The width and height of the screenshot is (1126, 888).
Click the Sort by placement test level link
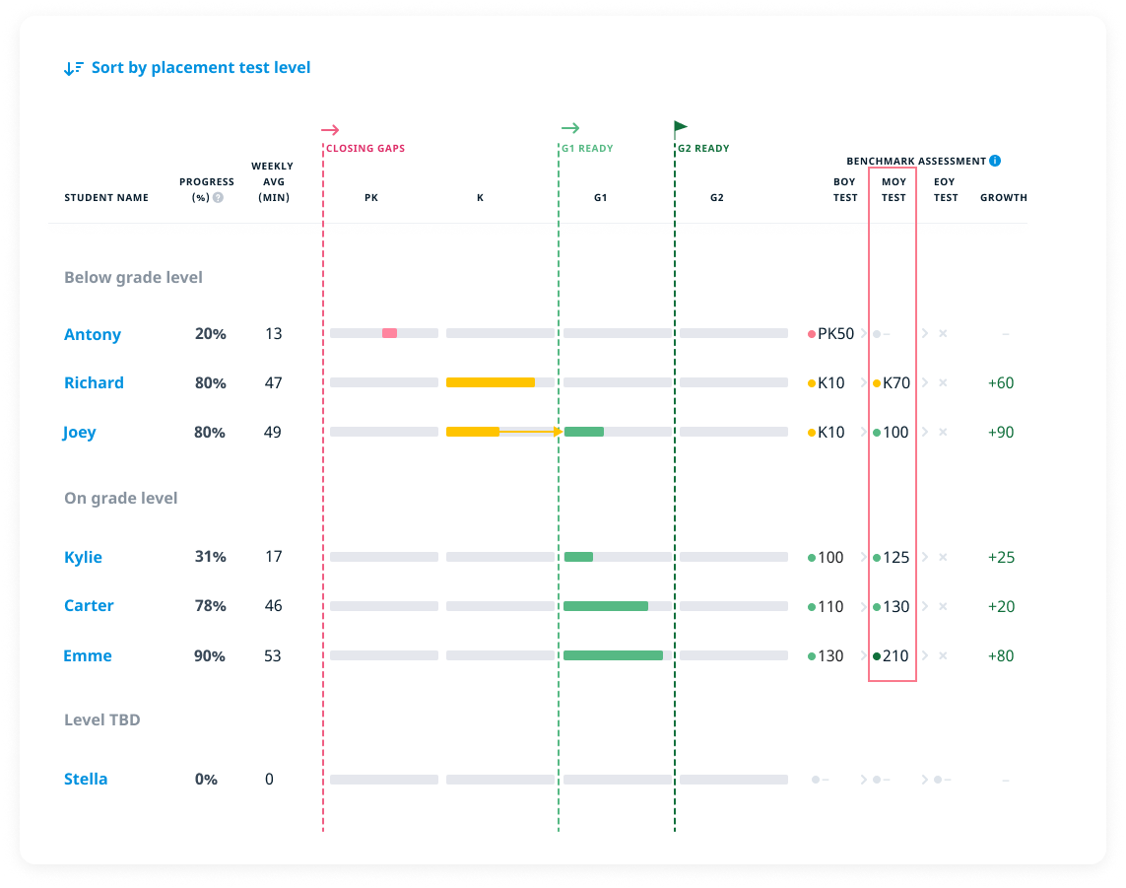click(x=200, y=68)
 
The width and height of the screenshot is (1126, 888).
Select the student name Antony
click(x=93, y=334)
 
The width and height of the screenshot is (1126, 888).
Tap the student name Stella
click(x=86, y=779)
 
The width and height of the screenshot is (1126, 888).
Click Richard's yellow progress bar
click(x=490, y=382)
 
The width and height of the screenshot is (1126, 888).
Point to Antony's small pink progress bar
click(x=389, y=333)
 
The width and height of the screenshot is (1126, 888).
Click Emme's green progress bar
click(x=613, y=655)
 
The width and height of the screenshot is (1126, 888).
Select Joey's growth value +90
click(x=1001, y=432)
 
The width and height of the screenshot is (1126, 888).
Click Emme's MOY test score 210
click(x=895, y=655)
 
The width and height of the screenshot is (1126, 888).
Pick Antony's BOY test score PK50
click(x=835, y=334)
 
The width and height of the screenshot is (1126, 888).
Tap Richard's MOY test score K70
click(x=895, y=382)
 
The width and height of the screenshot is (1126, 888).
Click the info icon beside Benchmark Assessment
click(x=995, y=161)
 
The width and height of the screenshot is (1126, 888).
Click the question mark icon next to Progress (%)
click(x=218, y=197)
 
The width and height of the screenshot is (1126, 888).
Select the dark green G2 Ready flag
click(x=680, y=127)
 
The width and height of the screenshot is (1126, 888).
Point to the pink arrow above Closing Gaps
click(x=330, y=129)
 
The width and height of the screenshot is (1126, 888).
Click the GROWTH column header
click(x=1003, y=197)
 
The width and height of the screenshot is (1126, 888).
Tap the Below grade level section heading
click(x=133, y=278)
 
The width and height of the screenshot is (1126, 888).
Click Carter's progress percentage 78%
click(x=210, y=606)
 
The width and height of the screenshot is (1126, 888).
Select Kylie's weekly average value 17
click(x=273, y=557)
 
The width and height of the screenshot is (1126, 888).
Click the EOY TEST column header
click(x=945, y=189)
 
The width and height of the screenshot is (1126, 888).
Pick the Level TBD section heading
click(x=102, y=719)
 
